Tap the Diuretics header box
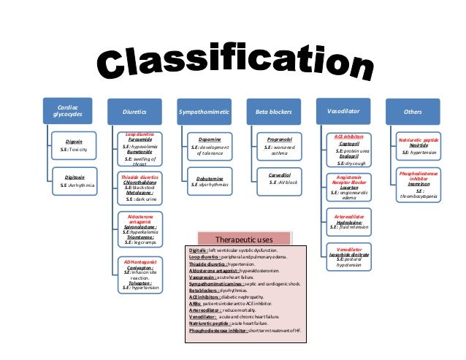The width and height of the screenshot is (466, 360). point(134,112)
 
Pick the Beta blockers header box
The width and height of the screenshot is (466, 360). point(275,112)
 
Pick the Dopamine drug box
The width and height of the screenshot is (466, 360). point(210,148)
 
